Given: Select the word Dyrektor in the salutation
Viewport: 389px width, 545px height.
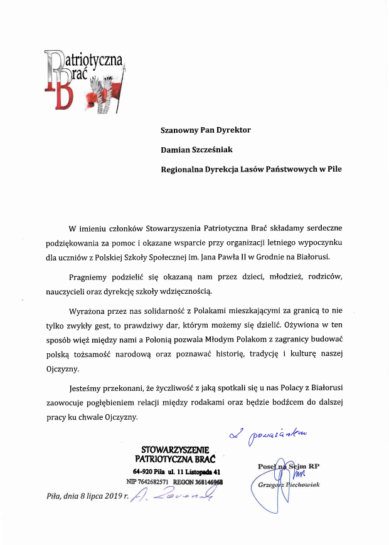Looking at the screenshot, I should pos(230,130).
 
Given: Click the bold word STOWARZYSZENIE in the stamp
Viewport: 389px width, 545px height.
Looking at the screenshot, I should pos(179,449).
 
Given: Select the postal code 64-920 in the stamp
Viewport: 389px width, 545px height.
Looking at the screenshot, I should pos(144,471).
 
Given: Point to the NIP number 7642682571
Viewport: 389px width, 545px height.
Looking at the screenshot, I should pos(152,482).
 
